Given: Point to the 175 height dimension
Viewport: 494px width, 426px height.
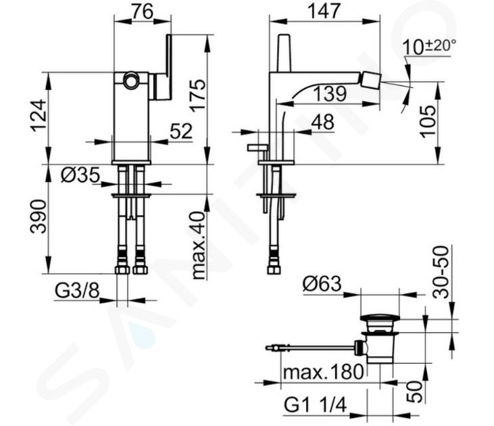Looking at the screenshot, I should (197, 98).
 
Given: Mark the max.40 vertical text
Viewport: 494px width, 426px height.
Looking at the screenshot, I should (197, 236).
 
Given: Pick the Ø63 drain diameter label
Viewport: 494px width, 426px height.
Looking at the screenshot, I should (321, 284).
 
